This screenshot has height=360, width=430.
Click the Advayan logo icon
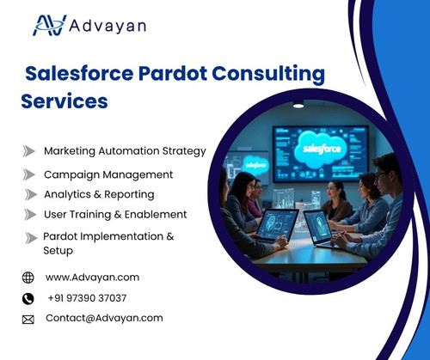(49, 25)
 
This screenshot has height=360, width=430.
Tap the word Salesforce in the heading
(80, 74)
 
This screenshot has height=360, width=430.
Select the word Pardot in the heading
(175, 74)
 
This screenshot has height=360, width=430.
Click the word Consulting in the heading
(270, 74)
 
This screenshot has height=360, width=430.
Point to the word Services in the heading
(64, 101)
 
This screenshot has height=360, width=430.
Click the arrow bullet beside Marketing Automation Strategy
(28, 151)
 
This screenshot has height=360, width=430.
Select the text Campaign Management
(108, 174)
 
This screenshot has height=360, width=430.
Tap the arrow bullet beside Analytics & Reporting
(28, 195)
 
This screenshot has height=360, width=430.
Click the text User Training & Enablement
(115, 214)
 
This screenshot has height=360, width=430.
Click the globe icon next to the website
(28, 278)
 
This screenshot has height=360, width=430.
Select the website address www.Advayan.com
(92, 278)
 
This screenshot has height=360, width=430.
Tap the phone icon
(28, 298)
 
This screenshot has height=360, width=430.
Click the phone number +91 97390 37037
(87, 298)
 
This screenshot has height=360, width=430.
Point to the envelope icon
(28, 319)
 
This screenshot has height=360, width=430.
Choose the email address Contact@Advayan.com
(104, 318)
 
